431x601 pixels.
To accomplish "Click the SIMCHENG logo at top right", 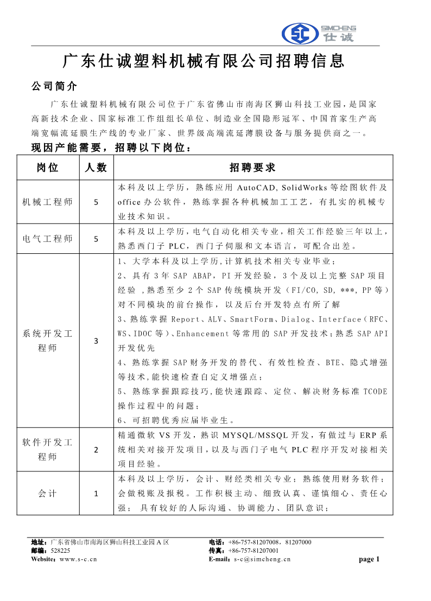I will [x=319, y=34].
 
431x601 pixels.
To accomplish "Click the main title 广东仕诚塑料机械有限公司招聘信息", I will [x=204, y=61].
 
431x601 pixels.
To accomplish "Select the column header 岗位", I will [x=48, y=168].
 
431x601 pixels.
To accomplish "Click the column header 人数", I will [x=96, y=168].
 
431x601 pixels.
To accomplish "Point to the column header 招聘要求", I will [x=252, y=168].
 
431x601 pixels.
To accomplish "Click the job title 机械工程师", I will [x=48, y=202].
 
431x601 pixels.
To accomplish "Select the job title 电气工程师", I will [x=48, y=239].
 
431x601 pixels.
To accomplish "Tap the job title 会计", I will [x=48, y=494].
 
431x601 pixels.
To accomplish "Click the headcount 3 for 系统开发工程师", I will [x=96, y=341].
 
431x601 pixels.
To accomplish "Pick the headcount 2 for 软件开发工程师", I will [x=96, y=450].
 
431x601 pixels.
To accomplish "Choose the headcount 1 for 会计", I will [x=96, y=494].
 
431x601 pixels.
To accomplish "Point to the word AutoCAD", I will [x=258, y=188].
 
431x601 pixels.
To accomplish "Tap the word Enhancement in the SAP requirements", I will [x=203, y=334].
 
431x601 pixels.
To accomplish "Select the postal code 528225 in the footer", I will [x=60, y=551].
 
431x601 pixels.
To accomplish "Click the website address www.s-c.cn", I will [x=78, y=559].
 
